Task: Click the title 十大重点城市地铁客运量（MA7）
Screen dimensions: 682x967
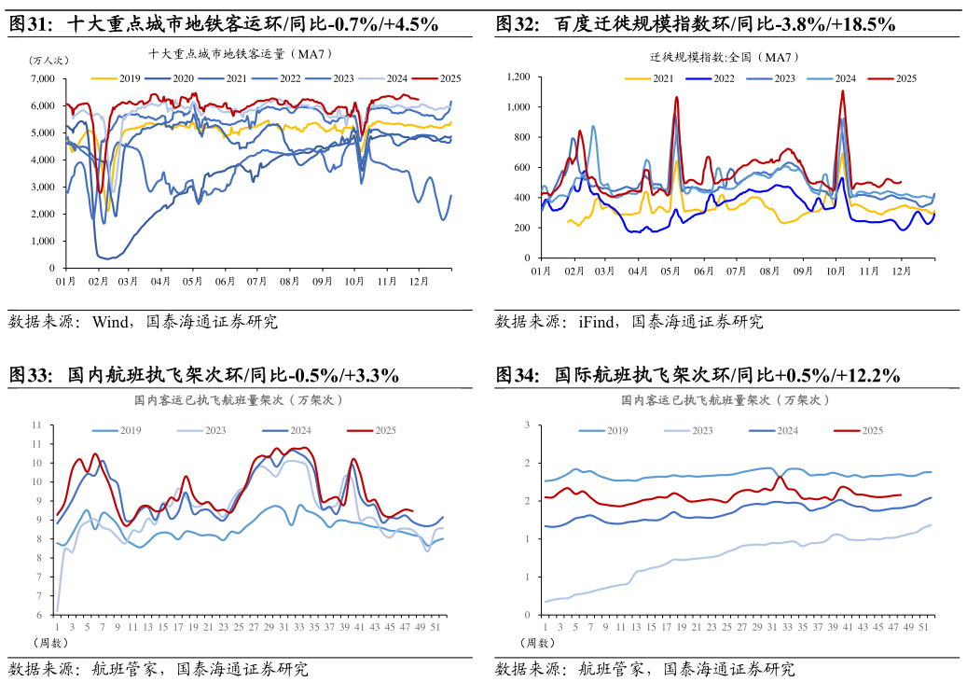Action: pos(241,54)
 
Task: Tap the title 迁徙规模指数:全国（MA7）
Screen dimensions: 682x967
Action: pos(725,57)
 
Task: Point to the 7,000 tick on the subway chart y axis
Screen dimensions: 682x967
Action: pos(42,79)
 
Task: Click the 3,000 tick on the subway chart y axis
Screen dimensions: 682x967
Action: pos(42,188)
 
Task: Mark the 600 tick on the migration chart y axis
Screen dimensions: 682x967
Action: pos(522,167)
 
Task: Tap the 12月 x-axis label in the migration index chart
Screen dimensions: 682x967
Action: pos(902,271)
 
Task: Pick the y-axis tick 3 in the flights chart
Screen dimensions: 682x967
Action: pos(527,425)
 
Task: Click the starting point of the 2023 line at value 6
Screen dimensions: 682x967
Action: pos(58,611)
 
